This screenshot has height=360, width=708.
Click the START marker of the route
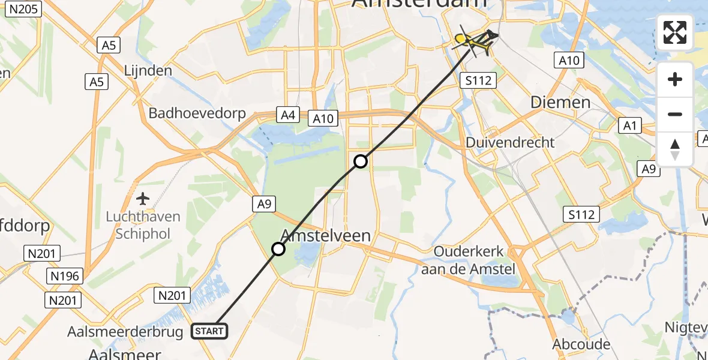click(209, 331)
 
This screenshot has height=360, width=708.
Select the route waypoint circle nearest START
click(278, 248)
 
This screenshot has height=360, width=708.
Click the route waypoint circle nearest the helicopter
click(360, 161)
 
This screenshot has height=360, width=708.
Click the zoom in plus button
click(675, 79)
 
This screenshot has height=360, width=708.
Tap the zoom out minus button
click(675, 114)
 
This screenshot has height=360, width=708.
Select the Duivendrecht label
click(511, 143)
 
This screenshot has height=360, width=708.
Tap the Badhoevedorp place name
click(197, 113)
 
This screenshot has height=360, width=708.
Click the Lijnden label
click(148, 70)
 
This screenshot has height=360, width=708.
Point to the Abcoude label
click(582, 344)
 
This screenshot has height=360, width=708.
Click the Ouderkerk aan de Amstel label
click(468, 260)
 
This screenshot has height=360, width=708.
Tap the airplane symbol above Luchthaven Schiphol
click(143, 198)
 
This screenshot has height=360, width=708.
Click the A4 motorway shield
click(287, 115)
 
